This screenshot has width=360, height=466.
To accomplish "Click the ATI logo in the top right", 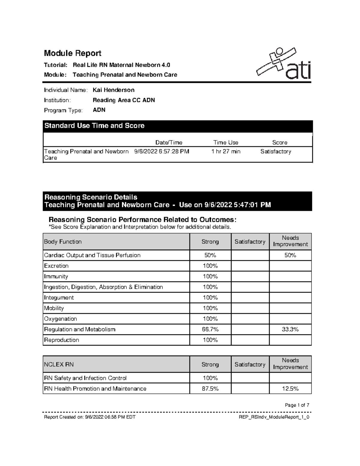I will pos(283,64).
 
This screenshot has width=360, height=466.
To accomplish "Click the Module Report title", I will pos(73,53).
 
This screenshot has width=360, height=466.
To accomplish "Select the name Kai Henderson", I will pos(113,90).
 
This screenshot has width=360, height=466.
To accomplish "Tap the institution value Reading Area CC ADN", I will pos(124,100).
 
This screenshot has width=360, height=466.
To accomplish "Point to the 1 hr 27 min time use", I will pos(226,152).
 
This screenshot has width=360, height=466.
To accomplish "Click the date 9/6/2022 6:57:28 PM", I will pos(162,152).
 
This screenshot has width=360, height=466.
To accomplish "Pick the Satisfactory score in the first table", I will pos(276,152).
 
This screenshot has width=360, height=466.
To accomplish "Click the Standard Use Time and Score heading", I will pos(94,126).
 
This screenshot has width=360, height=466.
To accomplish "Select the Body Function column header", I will pos(63,242).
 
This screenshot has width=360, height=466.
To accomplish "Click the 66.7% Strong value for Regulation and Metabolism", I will pos(210,329).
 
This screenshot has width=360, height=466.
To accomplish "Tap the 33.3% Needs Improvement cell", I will pos(290,329).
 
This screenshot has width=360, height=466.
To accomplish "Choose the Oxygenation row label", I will pos(61,319).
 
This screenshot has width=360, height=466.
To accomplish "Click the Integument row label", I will pos(59,298).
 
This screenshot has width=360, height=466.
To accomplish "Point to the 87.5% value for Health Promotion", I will pos(210,389).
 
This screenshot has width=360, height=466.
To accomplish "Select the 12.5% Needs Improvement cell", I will pos(290,389).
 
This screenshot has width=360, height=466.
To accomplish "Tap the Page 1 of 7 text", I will pos(297,405).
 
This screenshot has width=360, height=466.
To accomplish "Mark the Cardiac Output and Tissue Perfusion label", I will pos(92,255).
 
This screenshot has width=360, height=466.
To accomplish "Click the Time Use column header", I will pos(226,143).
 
